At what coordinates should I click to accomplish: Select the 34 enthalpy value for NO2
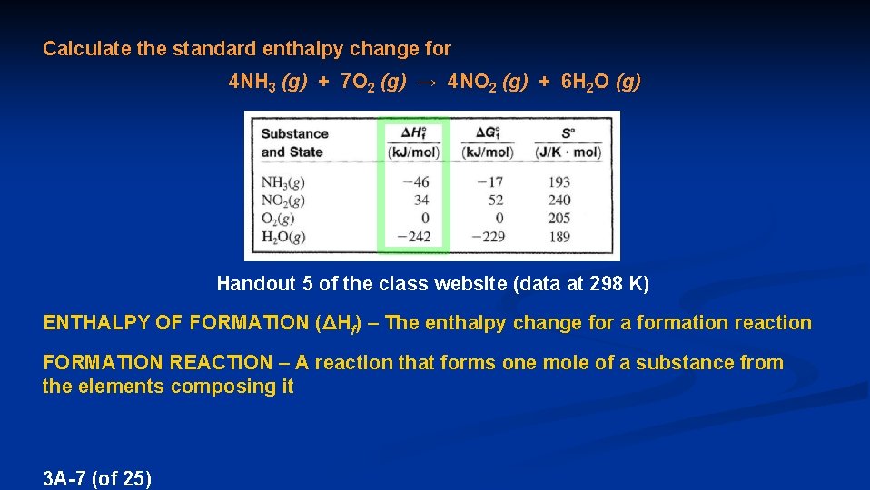(420, 201)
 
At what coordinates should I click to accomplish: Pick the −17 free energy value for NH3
(489, 182)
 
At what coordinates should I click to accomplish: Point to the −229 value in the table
(485, 237)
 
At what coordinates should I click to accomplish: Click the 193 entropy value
(559, 182)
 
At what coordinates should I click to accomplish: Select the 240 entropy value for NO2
(559, 201)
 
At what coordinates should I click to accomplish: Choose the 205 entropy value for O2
(559, 219)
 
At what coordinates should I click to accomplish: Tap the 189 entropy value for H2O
(559, 237)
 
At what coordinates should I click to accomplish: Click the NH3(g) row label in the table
(282, 182)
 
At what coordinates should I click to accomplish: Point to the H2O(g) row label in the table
(283, 237)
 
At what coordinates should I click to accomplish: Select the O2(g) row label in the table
(278, 219)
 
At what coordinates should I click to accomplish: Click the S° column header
(568, 132)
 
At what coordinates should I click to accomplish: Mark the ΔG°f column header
(488, 132)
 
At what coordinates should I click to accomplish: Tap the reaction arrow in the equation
(428, 83)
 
